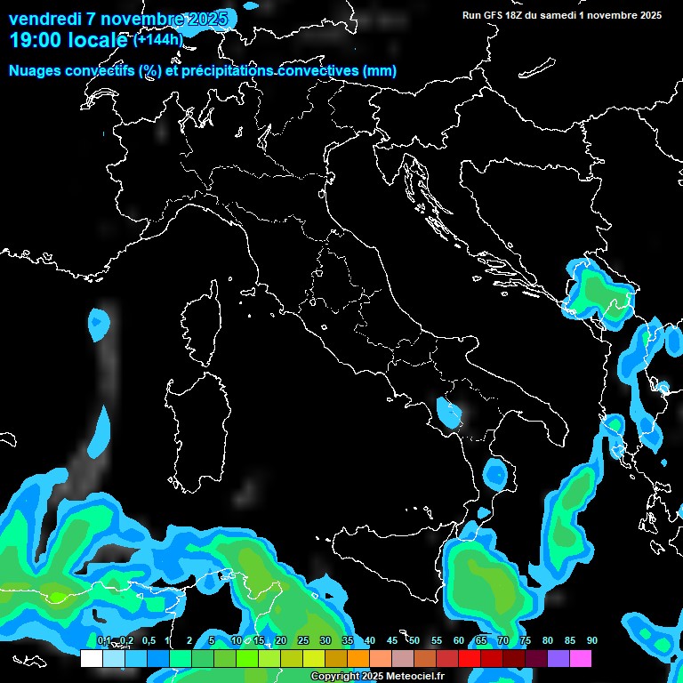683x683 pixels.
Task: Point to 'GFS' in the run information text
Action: [x=494, y=14]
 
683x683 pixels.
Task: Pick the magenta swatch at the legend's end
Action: [x=581, y=659]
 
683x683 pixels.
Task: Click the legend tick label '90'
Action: [x=591, y=640]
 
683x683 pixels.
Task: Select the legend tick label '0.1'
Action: [x=103, y=640]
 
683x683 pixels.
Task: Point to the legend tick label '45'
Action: [x=392, y=640]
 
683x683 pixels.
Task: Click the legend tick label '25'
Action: [x=303, y=640]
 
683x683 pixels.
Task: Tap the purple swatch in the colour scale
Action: [x=558, y=659]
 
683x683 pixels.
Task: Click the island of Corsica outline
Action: [x=202, y=325]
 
